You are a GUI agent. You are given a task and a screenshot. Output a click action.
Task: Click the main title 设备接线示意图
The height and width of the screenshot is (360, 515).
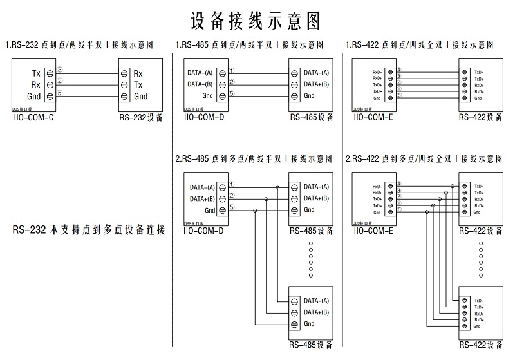256,20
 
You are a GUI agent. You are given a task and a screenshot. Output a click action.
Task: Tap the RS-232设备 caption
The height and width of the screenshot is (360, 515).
141,118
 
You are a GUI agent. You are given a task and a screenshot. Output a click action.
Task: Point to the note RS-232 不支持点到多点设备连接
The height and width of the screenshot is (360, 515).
89,229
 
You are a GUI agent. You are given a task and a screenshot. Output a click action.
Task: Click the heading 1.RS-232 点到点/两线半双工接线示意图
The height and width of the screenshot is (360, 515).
80,45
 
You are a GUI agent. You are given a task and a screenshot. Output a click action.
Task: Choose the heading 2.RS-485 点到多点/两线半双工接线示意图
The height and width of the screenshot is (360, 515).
254,158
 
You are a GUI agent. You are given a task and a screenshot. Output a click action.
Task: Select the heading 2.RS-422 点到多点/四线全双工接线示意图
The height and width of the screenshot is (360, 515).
424,158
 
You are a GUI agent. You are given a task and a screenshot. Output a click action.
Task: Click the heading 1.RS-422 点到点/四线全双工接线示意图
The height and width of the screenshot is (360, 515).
420,45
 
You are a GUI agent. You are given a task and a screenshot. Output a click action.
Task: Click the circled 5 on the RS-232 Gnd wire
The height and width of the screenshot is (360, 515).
60,93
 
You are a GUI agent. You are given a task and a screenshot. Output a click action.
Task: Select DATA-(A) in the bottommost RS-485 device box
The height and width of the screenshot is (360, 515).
316,301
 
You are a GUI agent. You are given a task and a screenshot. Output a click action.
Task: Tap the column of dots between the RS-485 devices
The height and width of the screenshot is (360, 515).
310,260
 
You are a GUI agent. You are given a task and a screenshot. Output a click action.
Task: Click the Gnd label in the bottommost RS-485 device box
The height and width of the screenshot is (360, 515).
309,324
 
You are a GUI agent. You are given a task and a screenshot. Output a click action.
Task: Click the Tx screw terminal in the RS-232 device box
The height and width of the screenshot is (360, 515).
124,84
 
